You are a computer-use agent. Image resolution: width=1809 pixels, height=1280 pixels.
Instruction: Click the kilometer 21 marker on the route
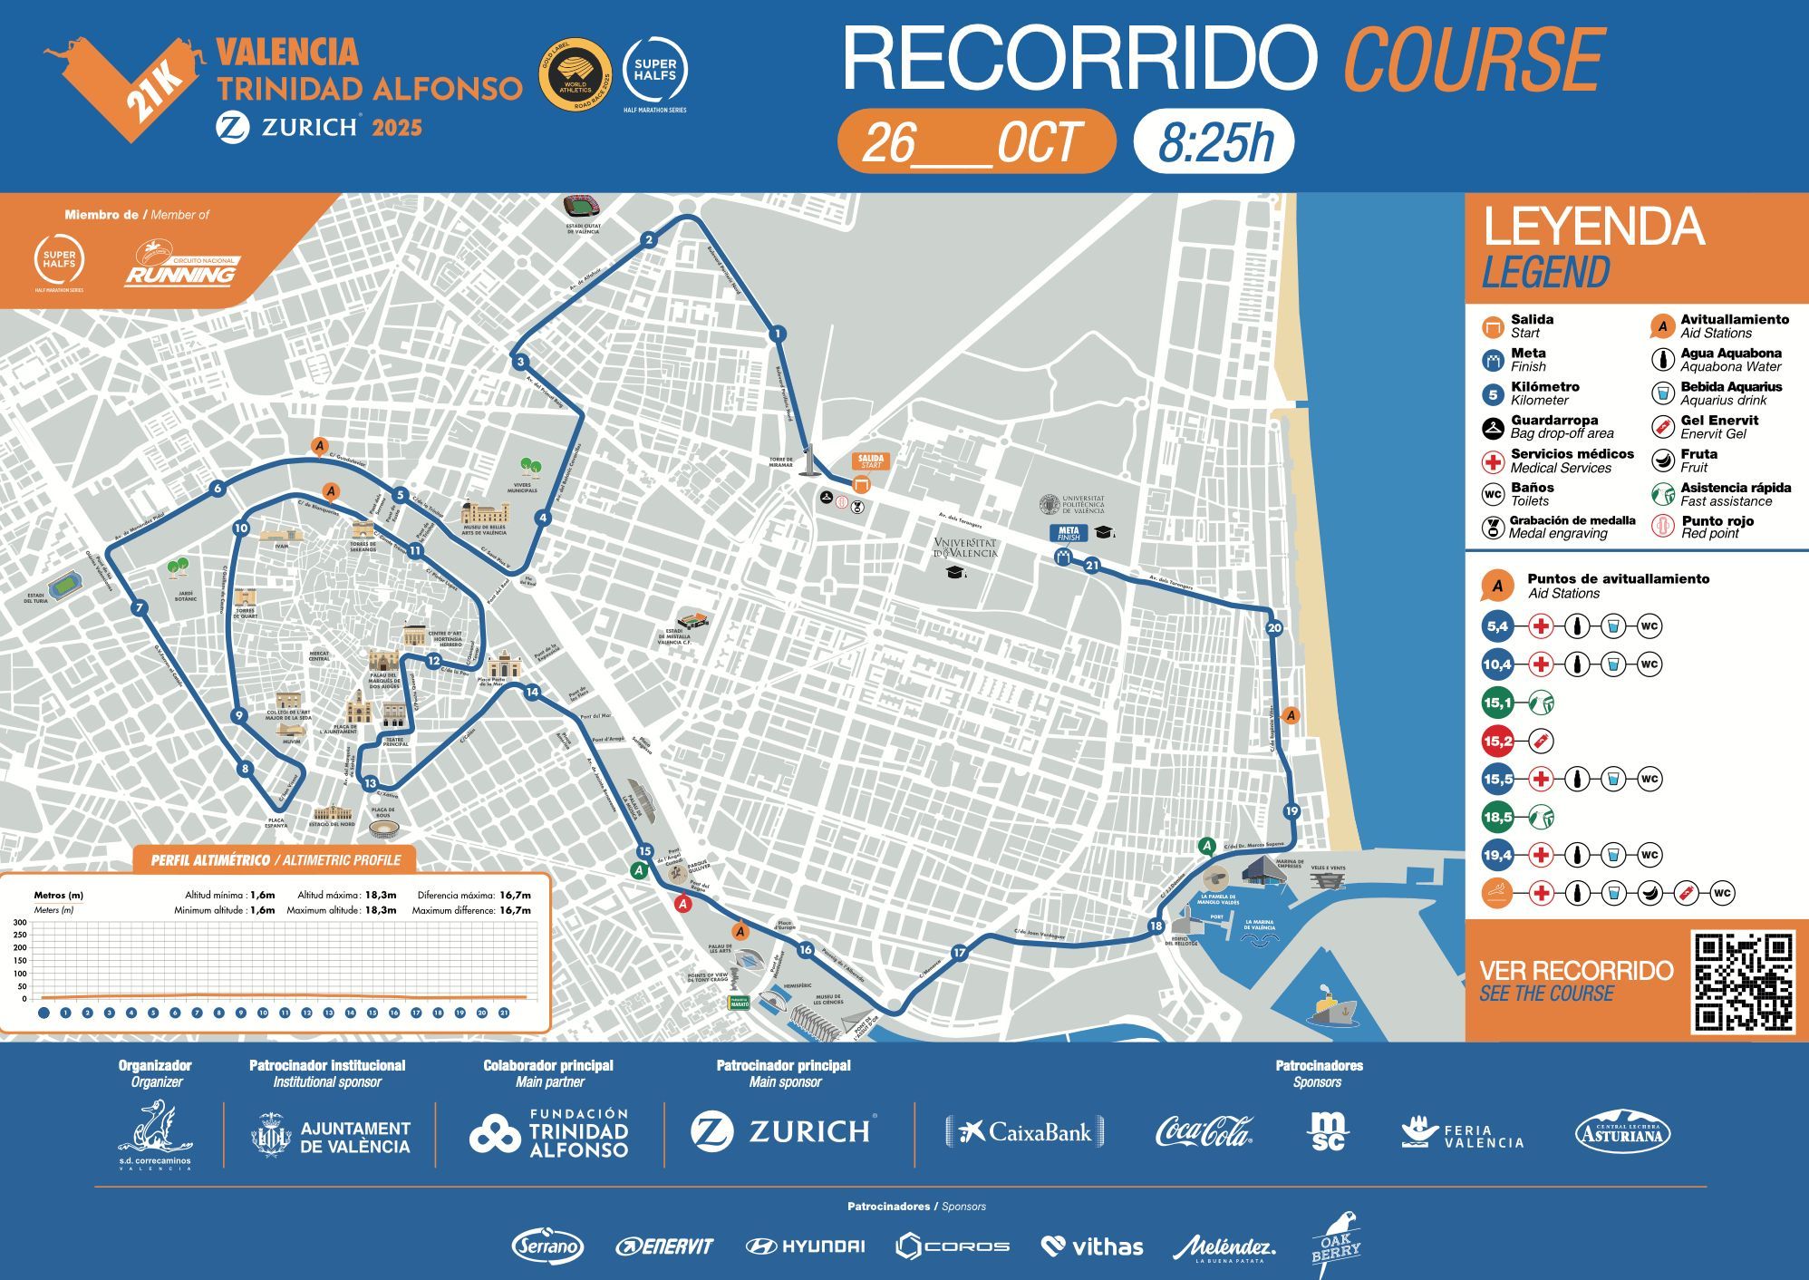point(1092,566)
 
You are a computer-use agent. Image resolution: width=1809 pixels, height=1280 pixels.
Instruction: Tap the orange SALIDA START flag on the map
point(870,461)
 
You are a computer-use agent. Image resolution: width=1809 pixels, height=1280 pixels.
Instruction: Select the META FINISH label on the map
point(1068,533)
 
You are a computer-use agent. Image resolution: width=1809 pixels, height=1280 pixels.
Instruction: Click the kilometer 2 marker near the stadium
point(648,240)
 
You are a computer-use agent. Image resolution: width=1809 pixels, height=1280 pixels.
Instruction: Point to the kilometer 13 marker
point(370,783)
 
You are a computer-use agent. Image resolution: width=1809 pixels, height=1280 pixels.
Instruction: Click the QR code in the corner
point(1744,982)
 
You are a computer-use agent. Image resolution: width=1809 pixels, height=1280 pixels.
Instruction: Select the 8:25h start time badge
point(1214,142)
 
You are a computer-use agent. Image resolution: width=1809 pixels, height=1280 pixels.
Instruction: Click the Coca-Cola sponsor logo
point(1204,1131)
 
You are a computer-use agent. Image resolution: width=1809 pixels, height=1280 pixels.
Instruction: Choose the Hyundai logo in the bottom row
point(805,1246)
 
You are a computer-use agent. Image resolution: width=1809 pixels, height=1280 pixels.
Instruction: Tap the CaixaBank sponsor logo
point(1025,1131)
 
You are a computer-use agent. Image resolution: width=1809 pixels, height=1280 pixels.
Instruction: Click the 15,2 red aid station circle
point(1497,741)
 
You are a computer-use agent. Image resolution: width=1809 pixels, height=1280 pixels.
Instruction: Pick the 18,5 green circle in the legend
point(1497,817)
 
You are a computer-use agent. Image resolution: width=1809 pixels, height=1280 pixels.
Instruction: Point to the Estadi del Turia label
point(36,598)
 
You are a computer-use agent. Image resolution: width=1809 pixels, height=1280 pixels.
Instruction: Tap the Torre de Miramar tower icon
point(808,461)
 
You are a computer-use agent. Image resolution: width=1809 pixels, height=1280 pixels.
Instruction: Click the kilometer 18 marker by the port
point(1155,926)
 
